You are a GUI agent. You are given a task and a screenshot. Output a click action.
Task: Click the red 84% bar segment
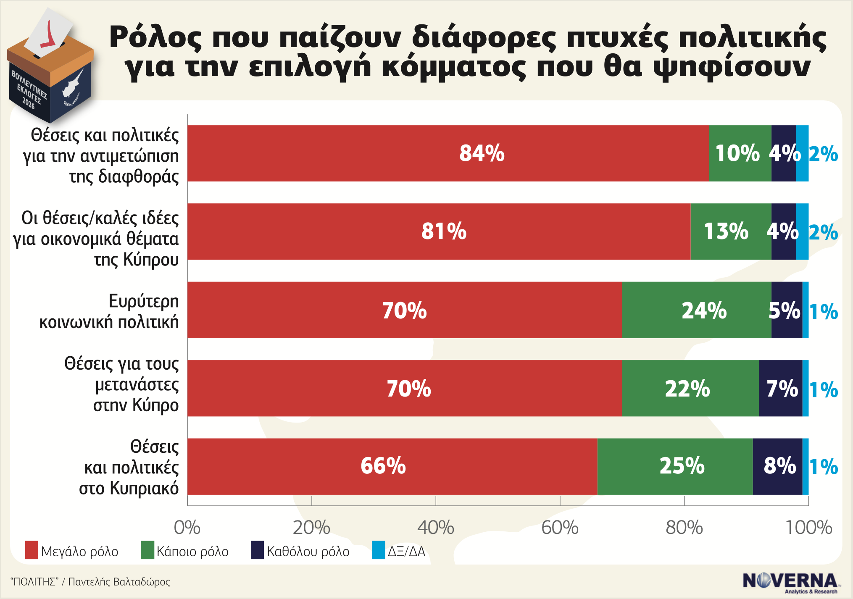[x=448, y=153]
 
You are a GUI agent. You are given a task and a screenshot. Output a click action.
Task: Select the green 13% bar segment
[x=730, y=231]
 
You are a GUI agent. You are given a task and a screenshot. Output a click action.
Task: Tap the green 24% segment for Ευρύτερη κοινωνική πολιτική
[x=696, y=310]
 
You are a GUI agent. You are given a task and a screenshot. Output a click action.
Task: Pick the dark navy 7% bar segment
[x=780, y=388]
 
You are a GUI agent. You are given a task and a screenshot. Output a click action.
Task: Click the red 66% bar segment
[x=392, y=466]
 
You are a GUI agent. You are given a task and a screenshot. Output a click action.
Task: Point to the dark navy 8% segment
[x=777, y=466]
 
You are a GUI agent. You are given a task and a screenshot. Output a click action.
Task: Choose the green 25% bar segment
[x=674, y=466]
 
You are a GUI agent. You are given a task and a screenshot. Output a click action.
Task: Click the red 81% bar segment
[x=439, y=231]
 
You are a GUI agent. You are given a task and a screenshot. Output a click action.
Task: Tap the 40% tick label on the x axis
[x=436, y=528]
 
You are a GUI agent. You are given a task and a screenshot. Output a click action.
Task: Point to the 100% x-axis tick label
[x=808, y=528]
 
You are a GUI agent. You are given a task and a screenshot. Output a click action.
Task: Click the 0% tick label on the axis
[x=187, y=528]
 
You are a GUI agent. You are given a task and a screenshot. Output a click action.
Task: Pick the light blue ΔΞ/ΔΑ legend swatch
[x=378, y=550]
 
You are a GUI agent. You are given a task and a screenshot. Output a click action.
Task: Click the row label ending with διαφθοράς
[x=101, y=156]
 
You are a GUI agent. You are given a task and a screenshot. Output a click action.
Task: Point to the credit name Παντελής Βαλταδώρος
[x=119, y=582]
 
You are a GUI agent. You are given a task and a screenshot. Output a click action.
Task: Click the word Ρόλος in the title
[x=155, y=38]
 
